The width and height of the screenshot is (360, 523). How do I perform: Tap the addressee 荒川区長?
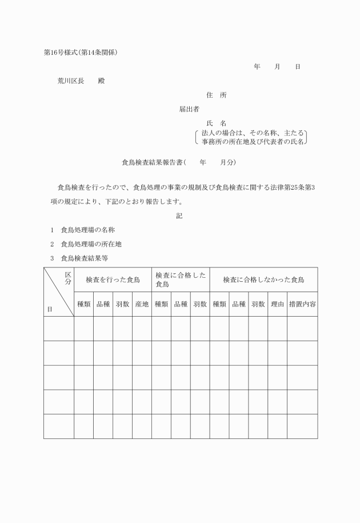(70, 81)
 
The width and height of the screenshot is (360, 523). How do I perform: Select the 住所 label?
(216, 95)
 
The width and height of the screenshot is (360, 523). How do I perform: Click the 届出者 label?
(189, 109)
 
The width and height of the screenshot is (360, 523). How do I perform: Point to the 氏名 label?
(216, 123)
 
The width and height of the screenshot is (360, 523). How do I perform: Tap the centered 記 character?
(179, 215)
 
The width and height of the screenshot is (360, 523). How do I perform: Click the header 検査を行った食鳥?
(113, 280)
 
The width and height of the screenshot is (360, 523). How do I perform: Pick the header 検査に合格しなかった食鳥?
(263, 280)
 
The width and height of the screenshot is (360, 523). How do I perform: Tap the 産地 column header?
(142, 304)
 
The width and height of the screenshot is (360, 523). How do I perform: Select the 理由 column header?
(277, 304)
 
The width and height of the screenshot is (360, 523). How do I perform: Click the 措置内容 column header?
(302, 304)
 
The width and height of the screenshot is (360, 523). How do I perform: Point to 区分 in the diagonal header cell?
(67, 278)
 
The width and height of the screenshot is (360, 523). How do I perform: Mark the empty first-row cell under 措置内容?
(302, 328)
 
